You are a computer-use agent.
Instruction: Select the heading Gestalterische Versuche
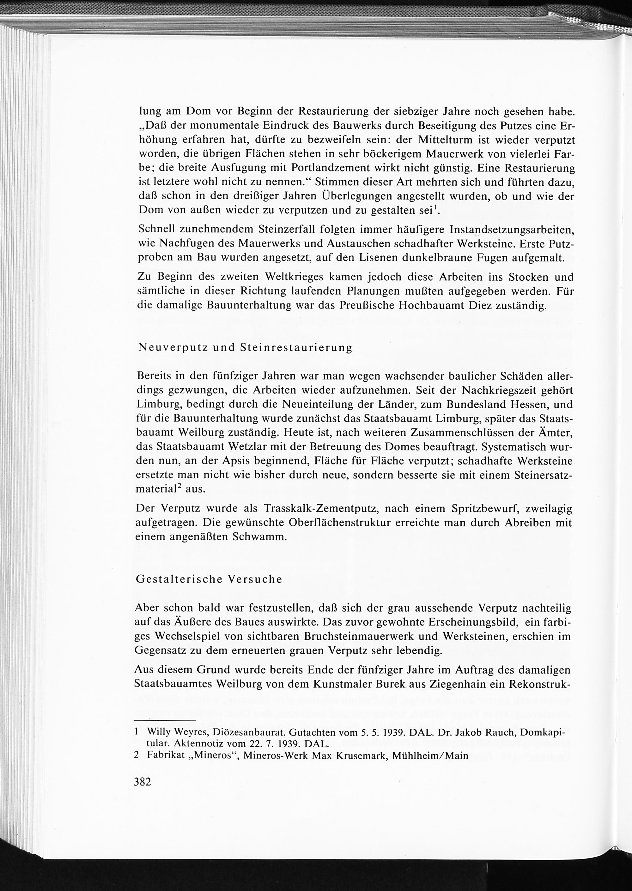pyautogui.click(x=209, y=579)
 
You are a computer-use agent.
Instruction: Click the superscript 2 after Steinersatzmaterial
pyautogui.click(x=179, y=486)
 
